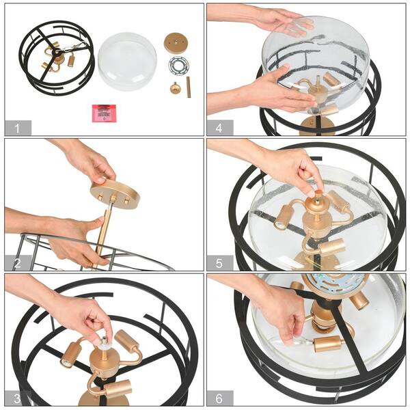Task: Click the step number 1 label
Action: tap(17, 128)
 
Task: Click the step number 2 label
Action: tap(17, 263)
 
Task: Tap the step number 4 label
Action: tap(219, 128)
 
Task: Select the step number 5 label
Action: tap(219, 263)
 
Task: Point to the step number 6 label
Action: tap(219, 398)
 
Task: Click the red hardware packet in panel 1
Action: tap(104, 113)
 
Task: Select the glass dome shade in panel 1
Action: tap(127, 61)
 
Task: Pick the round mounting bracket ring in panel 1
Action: tap(178, 66)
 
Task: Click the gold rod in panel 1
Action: tap(189, 87)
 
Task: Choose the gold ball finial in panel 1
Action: tap(174, 88)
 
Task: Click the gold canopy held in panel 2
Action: tap(115, 193)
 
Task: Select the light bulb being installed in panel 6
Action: tap(299, 341)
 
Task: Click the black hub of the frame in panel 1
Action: tap(57, 53)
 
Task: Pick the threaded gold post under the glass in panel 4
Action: tap(318, 82)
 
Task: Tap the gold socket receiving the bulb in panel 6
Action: tap(327, 344)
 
